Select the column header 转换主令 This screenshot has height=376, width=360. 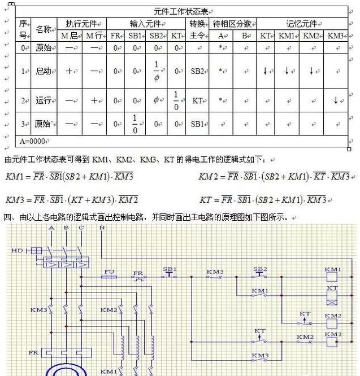click(x=197, y=29)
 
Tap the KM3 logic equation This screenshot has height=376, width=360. click(x=72, y=200)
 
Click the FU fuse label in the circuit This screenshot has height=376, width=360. click(x=110, y=272)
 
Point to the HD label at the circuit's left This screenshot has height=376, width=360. click(x=17, y=250)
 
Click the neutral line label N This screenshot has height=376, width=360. click(x=102, y=228)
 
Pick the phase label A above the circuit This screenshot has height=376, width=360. click(x=51, y=228)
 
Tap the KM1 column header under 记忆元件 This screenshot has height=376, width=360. click(x=287, y=36)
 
